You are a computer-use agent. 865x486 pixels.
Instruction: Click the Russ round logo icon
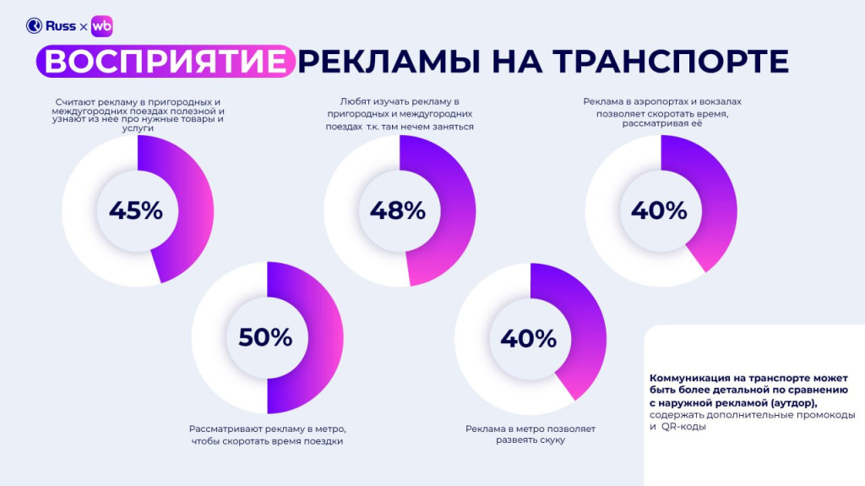click(34, 26)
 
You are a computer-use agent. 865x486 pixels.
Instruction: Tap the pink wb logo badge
click(101, 26)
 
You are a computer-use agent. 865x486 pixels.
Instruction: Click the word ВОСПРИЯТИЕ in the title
click(164, 62)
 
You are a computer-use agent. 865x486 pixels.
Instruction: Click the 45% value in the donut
click(135, 210)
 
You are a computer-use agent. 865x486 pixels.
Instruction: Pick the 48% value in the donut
click(398, 210)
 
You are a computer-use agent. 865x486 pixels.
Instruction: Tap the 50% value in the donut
click(265, 337)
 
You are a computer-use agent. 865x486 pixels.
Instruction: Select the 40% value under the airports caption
click(659, 210)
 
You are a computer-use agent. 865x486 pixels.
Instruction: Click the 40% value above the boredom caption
click(529, 338)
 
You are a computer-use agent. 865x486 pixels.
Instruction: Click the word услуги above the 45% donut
click(135, 128)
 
